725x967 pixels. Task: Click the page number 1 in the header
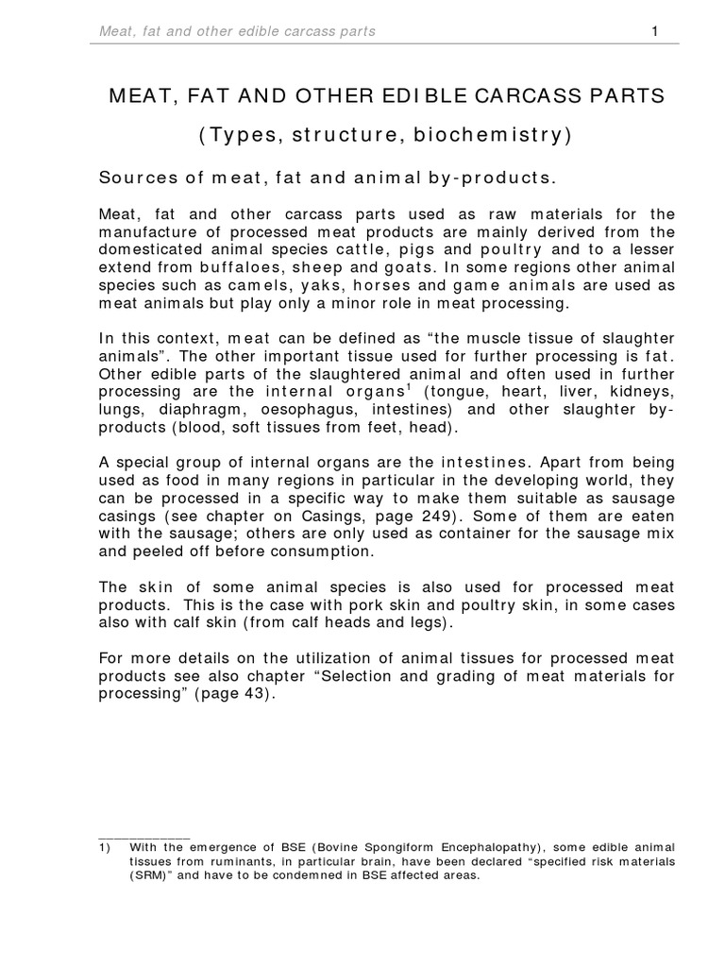(x=654, y=31)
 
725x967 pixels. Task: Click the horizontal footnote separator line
(x=144, y=837)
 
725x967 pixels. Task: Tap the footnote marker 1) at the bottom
(x=107, y=848)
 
